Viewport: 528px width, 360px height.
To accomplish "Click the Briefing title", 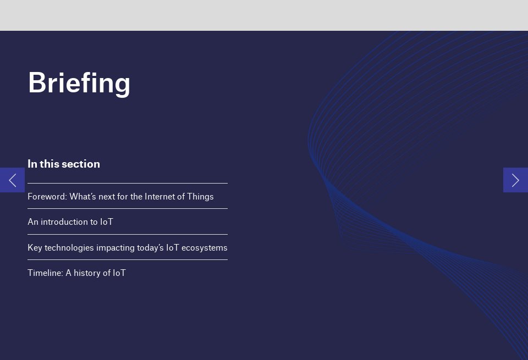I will tap(79, 83).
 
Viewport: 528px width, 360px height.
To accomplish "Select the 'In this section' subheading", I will tap(64, 164).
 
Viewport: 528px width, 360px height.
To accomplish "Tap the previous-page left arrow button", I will tap(12, 180).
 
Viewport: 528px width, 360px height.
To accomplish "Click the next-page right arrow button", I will tap(515, 180).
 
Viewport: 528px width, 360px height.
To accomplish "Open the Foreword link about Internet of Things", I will tap(120, 196).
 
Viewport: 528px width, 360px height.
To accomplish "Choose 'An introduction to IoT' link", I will tap(70, 222).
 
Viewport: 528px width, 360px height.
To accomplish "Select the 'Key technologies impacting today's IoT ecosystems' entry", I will tap(128, 248).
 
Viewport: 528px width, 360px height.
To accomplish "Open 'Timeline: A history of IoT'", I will tap(76, 273).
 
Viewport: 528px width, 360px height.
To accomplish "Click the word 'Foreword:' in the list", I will tap(47, 196).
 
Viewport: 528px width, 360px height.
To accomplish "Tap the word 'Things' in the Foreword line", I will tap(201, 196).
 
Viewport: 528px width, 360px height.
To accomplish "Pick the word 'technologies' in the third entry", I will tap(69, 248).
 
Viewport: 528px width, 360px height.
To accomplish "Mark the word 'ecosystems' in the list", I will tap(204, 248).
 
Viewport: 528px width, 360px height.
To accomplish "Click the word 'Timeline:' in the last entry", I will tap(45, 273).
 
